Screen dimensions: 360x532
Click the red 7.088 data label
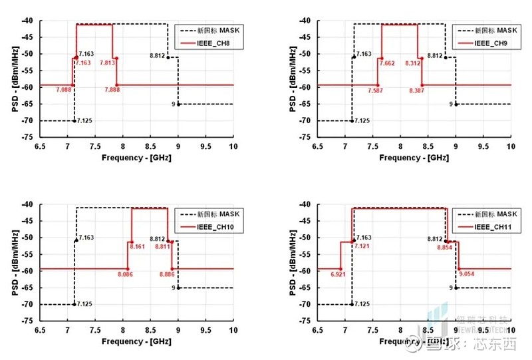tap(64, 89)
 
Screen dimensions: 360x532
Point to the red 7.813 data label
tap(107, 63)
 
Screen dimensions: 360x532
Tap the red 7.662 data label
tap(388, 63)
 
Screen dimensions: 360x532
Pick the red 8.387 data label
tap(418, 89)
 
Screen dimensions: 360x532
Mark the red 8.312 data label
tap(412, 63)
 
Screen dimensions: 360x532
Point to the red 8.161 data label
tap(136, 247)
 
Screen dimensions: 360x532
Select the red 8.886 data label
tap(168, 273)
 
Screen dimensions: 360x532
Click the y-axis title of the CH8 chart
tap(14, 78)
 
